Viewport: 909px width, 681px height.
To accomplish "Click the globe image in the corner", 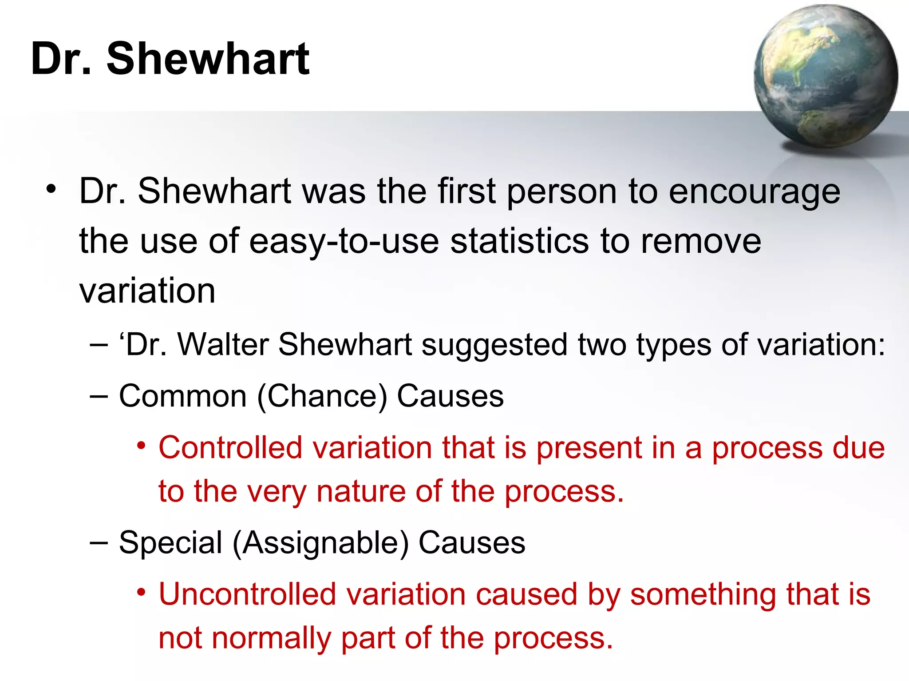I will pyautogui.click(x=826, y=76).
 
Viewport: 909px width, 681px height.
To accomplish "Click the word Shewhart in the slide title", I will pyautogui.click(x=208, y=59).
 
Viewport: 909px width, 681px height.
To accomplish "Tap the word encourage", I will pyautogui.click(x=754, y=192).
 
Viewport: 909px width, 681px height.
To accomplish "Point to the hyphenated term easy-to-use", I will pyautogui.click(x=344, y=242).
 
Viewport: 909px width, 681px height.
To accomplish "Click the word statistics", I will pyautogui.click(x=520, y=242).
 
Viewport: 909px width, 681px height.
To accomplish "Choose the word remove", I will pyautogui.click(x=701, y=242).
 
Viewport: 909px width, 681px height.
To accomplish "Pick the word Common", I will pyautogui.click(x=182, y=396).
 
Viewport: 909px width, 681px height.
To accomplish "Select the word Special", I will pyautogui.click(x=170, y=542).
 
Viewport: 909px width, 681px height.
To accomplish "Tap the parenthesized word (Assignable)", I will pyautogui.click(x=320, y=543).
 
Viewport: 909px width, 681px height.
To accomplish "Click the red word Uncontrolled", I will pyautogui.click(x=247, y=594).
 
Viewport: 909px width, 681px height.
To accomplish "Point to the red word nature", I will pyautogui.click(x=361, y=492).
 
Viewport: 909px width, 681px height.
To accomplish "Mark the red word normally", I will pyautogui.click(x=271, y=638).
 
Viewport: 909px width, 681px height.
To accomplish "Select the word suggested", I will pyautogui.click(x=494, y=345).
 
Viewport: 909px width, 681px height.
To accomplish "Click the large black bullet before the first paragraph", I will pyautogui.click(x=51, y=189).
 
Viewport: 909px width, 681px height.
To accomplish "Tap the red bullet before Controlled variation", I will pyautogui.click(x=141, y=445).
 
